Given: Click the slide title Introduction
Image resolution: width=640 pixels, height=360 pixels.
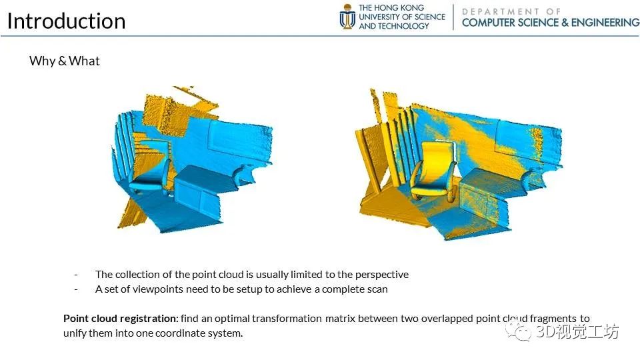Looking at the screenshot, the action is click(66, 21).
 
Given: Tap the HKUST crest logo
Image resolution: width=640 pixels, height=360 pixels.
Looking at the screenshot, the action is click(347, 16).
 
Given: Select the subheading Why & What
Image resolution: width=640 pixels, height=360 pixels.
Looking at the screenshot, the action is click(65, 61).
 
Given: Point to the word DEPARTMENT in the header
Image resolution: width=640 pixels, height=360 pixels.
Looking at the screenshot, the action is click(501, 11).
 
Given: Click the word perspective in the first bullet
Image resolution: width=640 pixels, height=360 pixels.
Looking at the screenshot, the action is click(381, 275).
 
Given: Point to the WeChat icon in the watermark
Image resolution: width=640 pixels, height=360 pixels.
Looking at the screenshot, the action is click(519, 331).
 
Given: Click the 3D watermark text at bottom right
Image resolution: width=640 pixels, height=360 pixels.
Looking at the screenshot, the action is click(577, 331).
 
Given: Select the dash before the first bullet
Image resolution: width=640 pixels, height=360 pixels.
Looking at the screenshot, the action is click(76, 275).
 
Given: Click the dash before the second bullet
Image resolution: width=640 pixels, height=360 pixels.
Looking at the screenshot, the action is click(76, 289).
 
